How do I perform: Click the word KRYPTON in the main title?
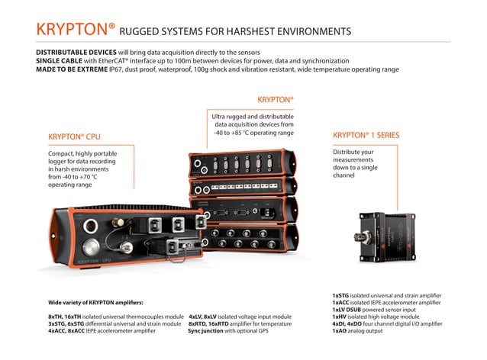[73, 30]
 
